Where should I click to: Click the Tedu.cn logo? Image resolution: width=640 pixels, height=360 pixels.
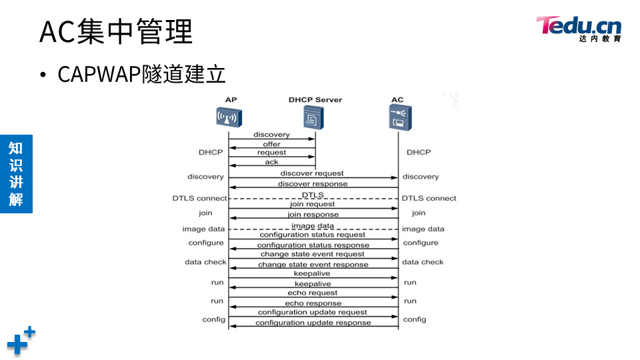579,28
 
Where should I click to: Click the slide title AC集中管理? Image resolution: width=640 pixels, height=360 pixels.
116,31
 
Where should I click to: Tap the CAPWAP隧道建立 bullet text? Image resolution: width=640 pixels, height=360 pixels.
141,74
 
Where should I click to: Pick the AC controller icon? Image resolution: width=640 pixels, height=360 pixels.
398,118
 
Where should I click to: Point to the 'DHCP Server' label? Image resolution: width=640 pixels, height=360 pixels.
315,100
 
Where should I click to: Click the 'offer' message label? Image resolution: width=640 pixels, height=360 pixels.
271,144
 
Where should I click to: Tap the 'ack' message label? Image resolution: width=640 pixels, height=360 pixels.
271,162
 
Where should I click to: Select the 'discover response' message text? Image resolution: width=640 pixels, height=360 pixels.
313,184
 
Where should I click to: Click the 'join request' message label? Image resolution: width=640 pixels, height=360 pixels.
312,204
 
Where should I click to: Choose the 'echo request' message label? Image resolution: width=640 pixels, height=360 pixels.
313,293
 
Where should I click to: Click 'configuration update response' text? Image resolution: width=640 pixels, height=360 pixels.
313,323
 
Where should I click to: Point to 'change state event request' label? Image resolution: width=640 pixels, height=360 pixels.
313,254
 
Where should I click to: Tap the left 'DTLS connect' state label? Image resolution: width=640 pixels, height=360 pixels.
199,198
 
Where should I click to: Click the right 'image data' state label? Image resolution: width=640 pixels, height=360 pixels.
423,229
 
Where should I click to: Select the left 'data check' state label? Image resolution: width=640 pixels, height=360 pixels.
205,262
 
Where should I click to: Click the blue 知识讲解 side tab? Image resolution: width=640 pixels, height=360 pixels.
16,174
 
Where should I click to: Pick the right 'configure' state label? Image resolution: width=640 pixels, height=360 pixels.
421,243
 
